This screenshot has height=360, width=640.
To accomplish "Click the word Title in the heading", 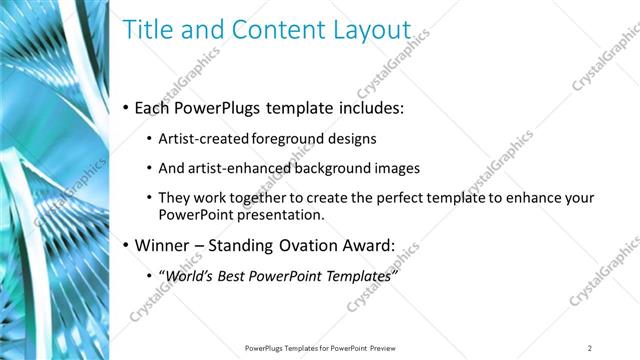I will [x=147, y=31].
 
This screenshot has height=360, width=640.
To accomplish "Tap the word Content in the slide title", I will [x=270, y=31].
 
